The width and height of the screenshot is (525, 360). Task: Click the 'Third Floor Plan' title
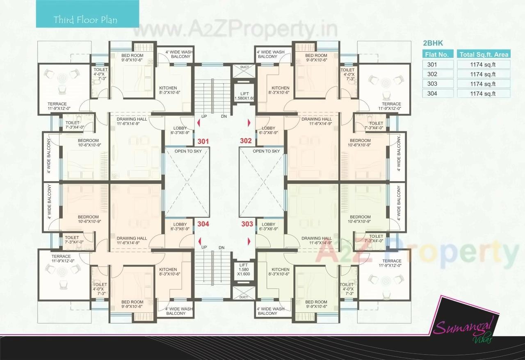[85, 20]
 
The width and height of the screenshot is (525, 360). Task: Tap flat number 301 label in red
[203, 141]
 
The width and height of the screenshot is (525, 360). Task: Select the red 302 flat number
[246, 141]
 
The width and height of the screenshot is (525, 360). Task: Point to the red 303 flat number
[247, 224]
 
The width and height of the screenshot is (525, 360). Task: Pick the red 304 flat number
[203, 224]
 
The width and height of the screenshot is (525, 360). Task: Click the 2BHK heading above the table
[433, 43]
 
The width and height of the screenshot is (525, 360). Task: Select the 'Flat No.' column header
[438, 54]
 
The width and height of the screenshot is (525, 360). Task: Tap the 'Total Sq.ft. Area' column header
[484, 54]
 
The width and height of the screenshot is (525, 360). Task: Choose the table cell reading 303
[438, 84]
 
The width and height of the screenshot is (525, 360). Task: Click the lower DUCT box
[244, 297]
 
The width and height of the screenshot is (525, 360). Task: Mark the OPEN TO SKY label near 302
[266, 151]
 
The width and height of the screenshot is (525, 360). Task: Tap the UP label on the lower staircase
[204, 247]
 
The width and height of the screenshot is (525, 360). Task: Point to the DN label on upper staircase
[224, 116]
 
